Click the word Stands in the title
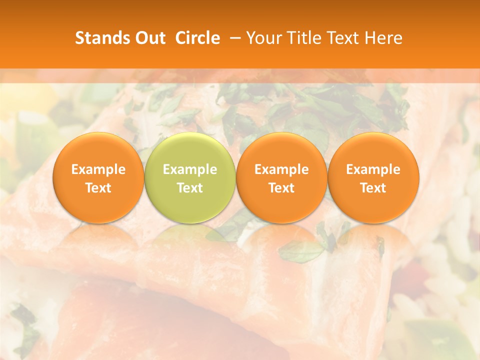[101, 38]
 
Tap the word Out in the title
[149, 38]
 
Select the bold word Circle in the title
[197, 38]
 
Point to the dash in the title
[233, 38]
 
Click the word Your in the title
[263, 38]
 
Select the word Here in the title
[383, 38]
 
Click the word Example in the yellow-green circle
[190, 169]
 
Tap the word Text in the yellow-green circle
[190, 188]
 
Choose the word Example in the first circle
[98, 169]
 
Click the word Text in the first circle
[98, 188]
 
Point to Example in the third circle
[281, 169]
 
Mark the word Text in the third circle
[281, 188]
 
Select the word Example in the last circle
[373, 169]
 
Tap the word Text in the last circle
[373, 188]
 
